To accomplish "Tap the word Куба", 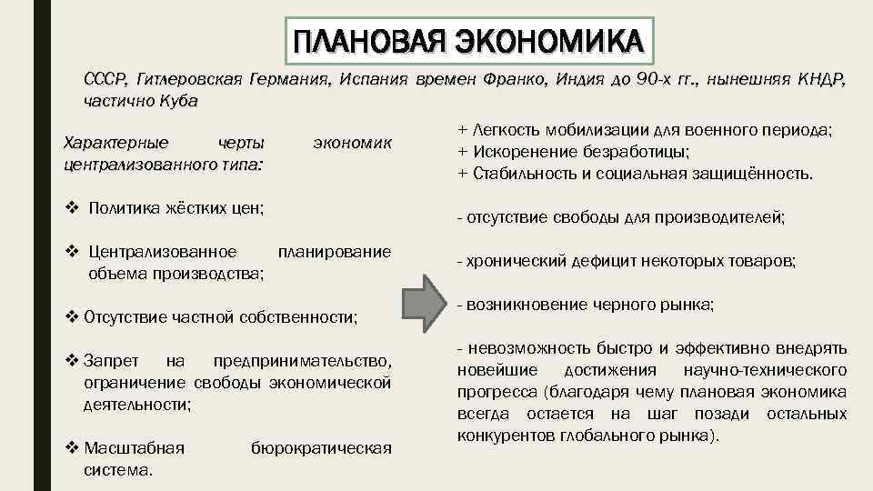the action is [177, 100].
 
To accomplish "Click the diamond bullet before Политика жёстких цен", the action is [73, 209].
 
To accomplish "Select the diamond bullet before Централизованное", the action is [73, 251].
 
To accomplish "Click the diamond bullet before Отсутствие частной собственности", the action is [73, 316].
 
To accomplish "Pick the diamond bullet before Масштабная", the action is [73, 447].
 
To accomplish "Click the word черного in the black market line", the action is [616, 305].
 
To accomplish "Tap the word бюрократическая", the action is [320, 447].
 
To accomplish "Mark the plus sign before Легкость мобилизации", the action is [463, 130].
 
